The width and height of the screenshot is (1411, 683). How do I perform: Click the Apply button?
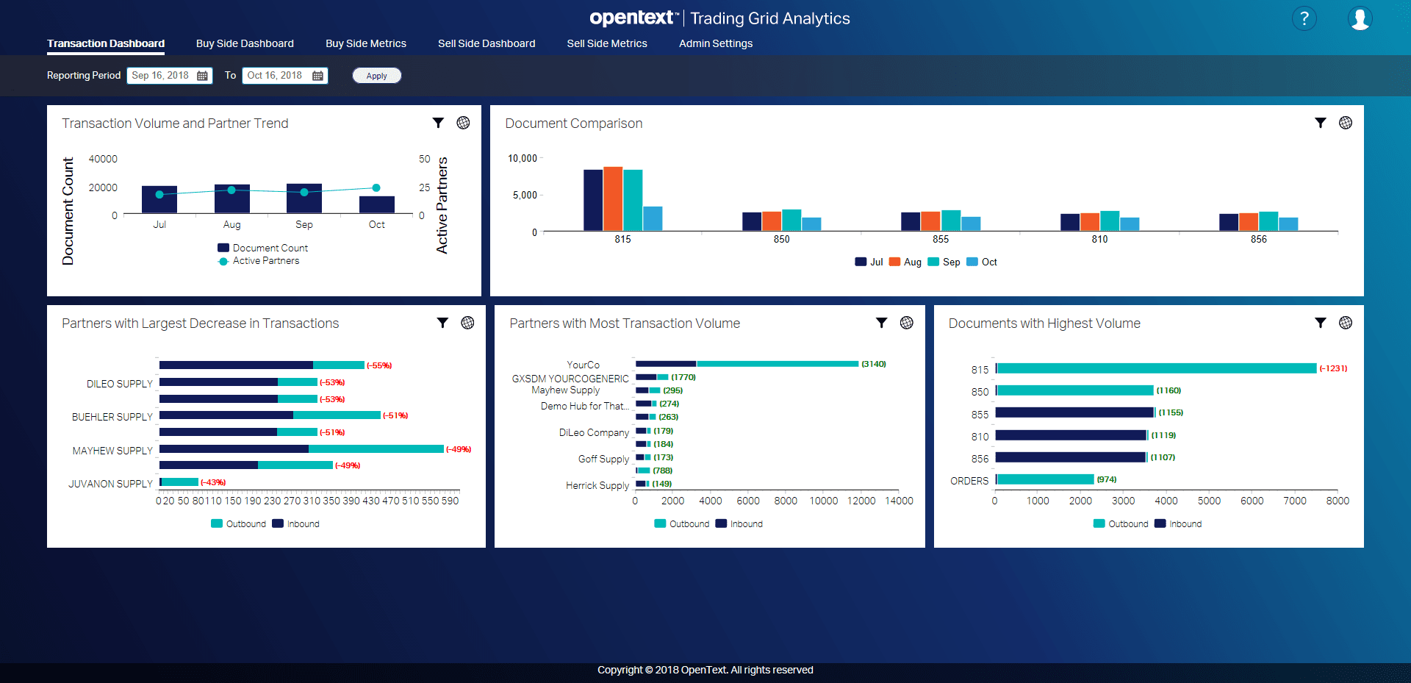376,76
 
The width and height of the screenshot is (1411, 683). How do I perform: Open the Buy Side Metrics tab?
365,43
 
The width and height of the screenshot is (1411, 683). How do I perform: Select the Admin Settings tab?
715,43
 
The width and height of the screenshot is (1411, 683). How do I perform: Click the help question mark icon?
1304,18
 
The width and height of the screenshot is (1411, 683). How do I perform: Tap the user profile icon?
1360,18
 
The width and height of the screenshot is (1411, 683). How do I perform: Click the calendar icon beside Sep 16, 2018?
202,76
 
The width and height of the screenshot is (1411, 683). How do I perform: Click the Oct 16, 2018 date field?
275,76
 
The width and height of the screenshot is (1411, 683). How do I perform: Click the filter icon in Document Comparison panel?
1320,123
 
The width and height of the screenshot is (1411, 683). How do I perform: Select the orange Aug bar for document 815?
612,199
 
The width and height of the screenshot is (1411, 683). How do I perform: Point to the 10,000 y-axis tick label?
522,158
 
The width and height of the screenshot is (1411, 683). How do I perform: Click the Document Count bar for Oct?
376,204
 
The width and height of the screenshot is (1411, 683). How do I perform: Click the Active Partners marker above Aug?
231,190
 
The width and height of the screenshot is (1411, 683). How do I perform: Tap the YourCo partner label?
583,365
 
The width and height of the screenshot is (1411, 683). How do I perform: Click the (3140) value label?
873,364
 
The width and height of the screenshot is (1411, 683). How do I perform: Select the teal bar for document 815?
1155,368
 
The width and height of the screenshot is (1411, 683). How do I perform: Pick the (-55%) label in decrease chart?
379,365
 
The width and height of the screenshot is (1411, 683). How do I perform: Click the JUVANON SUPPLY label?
110,484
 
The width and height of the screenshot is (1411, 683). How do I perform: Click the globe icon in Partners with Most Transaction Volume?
906,323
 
